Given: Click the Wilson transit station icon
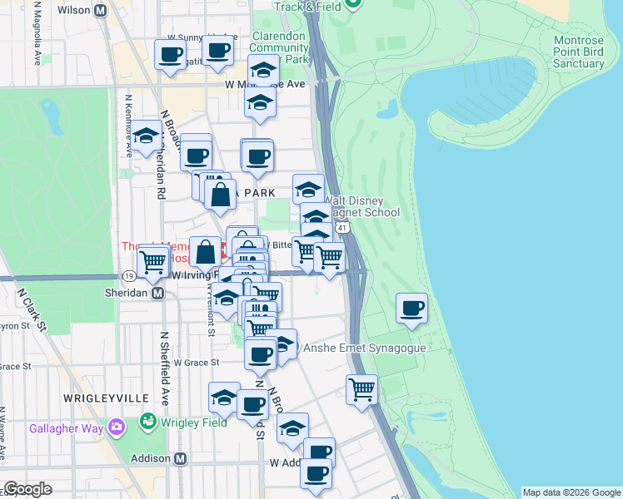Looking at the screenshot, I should tap(101, 11).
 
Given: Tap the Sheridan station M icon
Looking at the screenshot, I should tap(157, 293).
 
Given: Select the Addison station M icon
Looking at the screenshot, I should tap(180, 458).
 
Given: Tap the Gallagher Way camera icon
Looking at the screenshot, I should tap(116, 427).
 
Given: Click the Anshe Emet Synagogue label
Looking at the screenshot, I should tap(365, 348).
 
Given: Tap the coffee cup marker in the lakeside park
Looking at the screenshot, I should tap(411, 309).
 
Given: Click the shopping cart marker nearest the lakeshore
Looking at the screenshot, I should tap(362, 388).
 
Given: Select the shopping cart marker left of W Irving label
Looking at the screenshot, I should tap(152, 261).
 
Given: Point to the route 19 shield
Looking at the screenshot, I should tap(129, 276).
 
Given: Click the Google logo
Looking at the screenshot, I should tap(27, 489).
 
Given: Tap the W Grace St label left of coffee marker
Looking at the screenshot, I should tap(196, 363).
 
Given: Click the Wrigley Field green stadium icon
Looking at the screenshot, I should tap(149, 422).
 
